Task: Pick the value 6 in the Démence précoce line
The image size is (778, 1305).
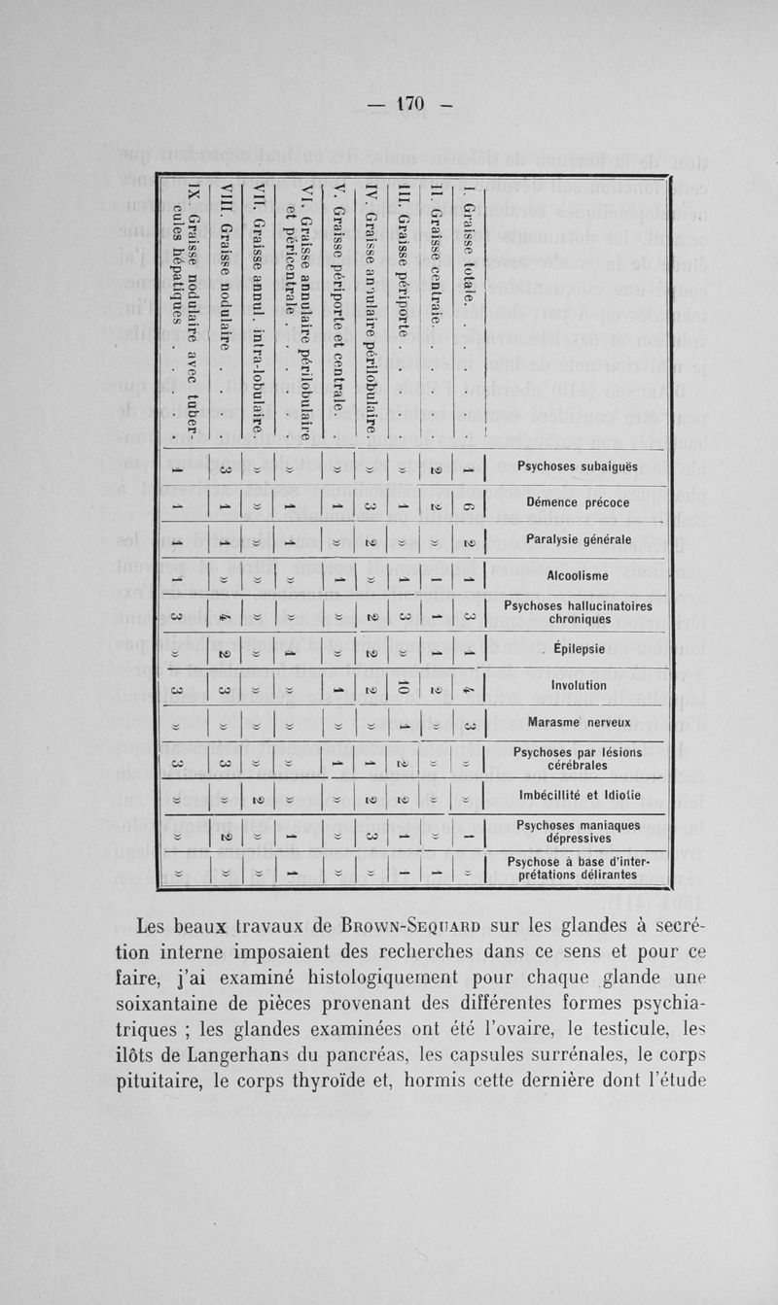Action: pyautogui.click(x=469, y=501)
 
